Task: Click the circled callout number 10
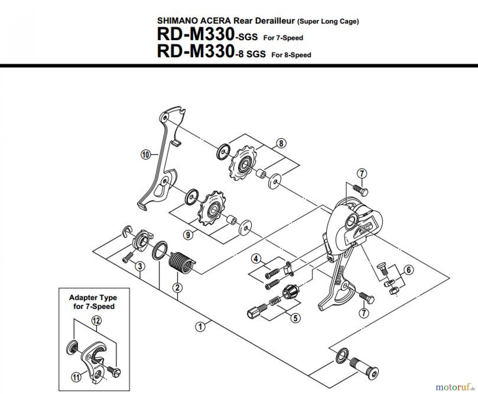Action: pos(145,155)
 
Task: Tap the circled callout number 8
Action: pos(281,144)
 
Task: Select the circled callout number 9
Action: pos(188,235)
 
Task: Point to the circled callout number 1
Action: pos(200,327)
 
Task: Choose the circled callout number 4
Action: pos(256,259)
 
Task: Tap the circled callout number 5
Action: pos(295,318)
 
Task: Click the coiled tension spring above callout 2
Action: pos(181,263)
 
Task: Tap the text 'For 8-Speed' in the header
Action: pos(291,55)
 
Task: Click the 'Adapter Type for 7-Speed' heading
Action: pos(93,302)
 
